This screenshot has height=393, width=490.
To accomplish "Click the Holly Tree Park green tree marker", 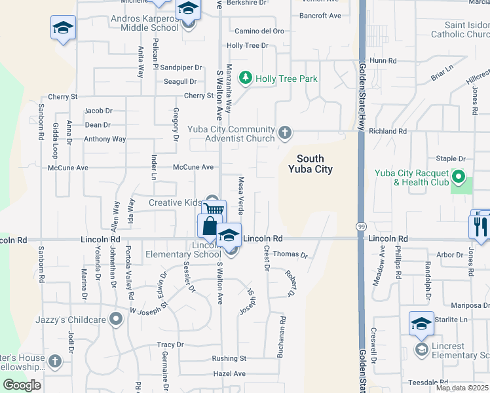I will tap(246, 79).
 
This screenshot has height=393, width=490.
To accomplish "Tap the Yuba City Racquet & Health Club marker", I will tap(459, 177).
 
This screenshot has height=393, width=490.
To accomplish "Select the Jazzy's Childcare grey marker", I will tap(116, 319).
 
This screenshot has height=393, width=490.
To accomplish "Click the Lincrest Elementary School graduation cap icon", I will tap(421, 324).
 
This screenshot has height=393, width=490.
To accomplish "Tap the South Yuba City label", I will tap(311, 164).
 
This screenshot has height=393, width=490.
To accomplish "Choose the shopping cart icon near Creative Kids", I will tap(214, 210).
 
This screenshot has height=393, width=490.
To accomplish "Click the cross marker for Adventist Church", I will tap(284, 133).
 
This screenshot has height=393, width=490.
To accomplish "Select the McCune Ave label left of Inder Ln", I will tap(68, 168).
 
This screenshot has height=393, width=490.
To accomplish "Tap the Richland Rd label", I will tap(388, 131).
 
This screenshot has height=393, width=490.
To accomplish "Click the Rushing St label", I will tap(229, 358).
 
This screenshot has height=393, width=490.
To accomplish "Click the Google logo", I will tap(22, 385).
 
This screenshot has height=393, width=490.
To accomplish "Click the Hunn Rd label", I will tap(383, 60).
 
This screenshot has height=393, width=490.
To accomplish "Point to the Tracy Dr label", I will tap(170, 345).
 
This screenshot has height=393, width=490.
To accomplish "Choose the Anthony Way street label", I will tap(105, 139).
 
